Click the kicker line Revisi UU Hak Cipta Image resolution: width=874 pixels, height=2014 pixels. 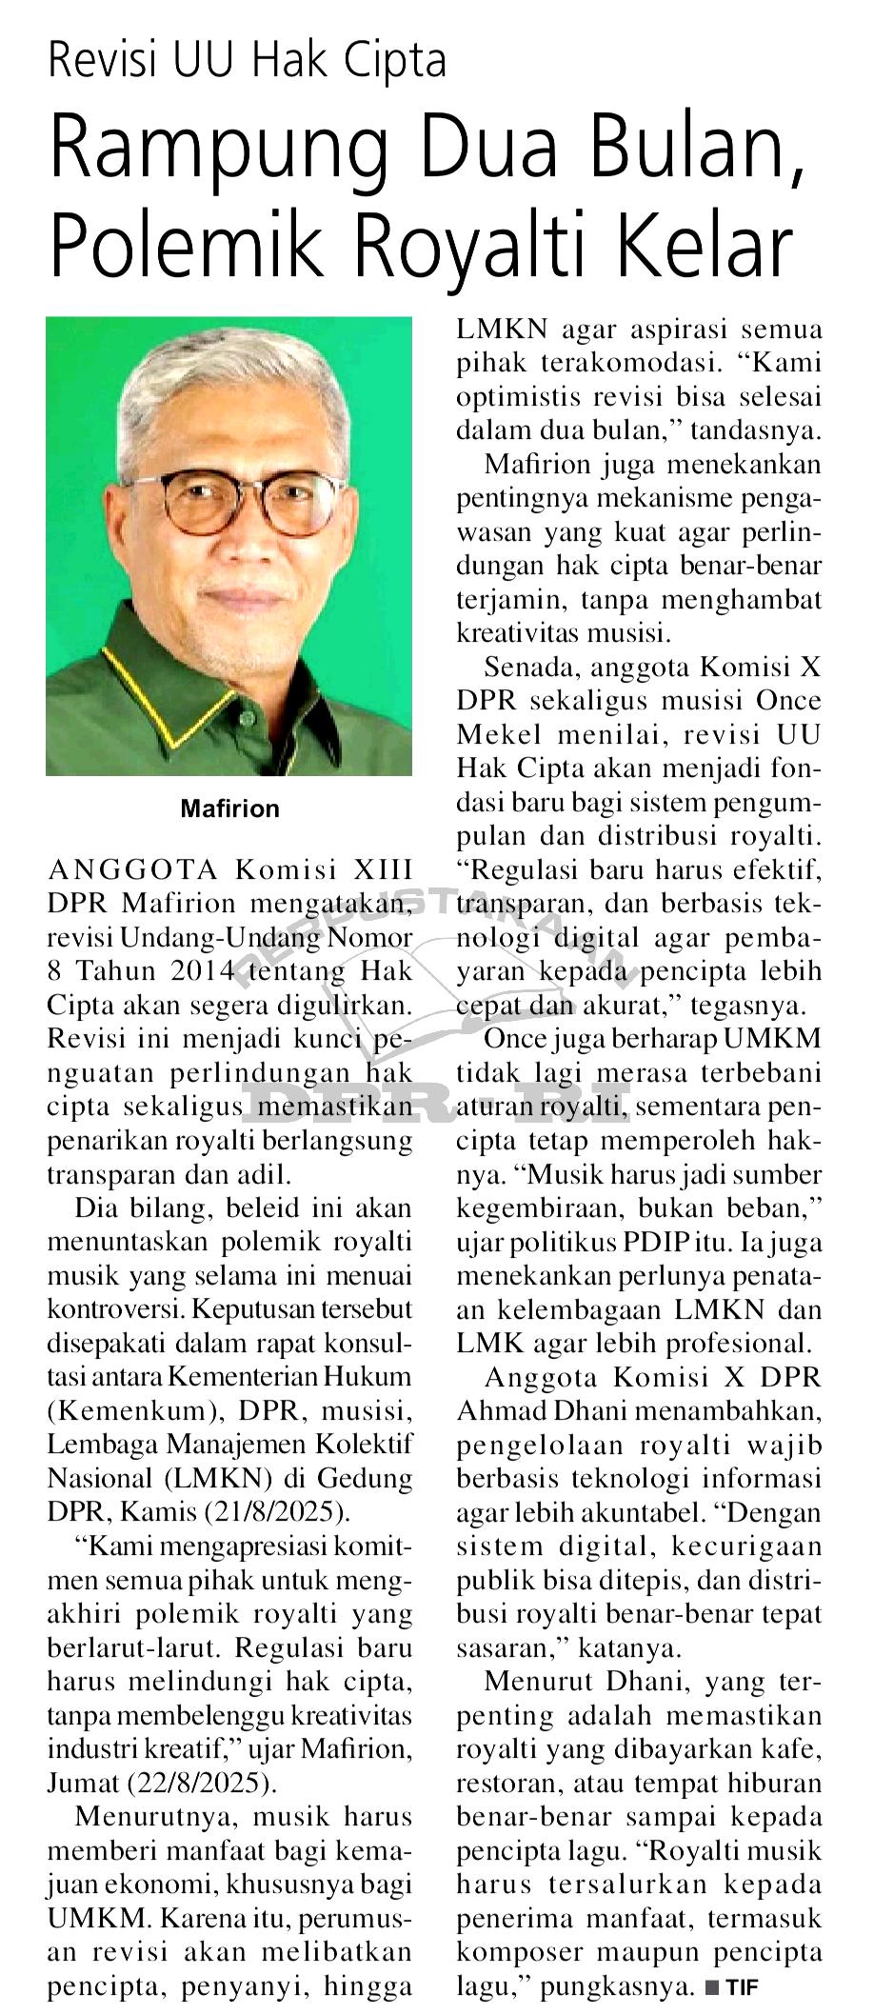pos(247,61)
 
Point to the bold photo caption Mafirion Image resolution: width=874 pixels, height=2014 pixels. pos(230,808)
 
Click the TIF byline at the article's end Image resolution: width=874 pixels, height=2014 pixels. pos(741,1987)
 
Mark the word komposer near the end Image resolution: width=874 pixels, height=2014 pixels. pos(518,1952)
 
